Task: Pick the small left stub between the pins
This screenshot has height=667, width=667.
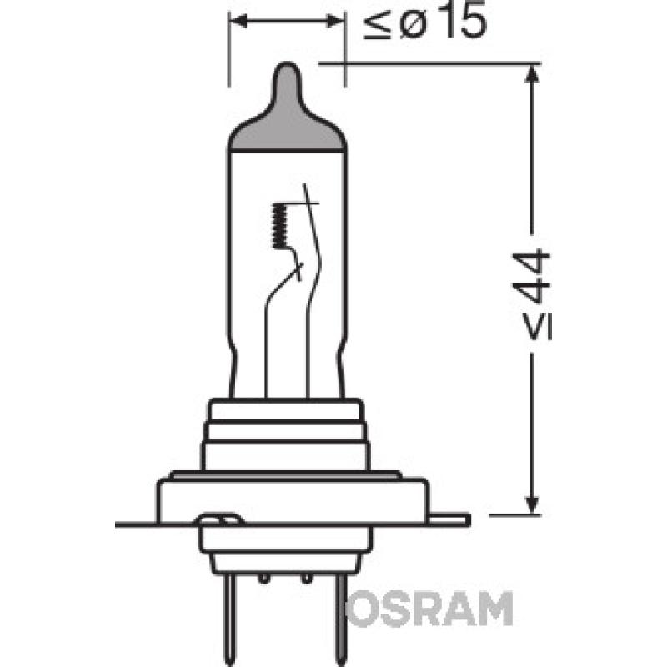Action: point(263,577)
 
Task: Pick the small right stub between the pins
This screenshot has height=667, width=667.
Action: point(308,577)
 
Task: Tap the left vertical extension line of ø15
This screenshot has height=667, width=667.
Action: point(228,50)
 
